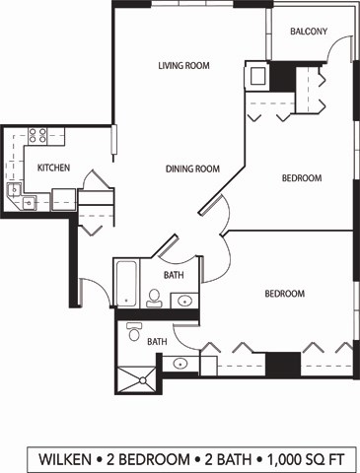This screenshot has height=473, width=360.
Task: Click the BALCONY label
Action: tap(309, 32)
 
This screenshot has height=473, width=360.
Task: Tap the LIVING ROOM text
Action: tap(184, 66)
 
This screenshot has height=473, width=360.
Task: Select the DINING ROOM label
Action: tap(192, 169)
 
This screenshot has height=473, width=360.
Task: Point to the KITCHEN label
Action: tap(53, 168)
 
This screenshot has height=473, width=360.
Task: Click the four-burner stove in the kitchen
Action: tap(38, 135)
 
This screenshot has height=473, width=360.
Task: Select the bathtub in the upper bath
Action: tap(127, 284)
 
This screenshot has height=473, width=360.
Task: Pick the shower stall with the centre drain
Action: tap(135, 377)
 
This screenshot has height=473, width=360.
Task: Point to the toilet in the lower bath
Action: tap(134, 333)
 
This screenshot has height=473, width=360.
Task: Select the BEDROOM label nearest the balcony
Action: tap(302, 178)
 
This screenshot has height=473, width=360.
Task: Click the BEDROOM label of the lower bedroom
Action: tap(284, 294)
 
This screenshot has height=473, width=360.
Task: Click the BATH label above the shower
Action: tap(157, 342)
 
